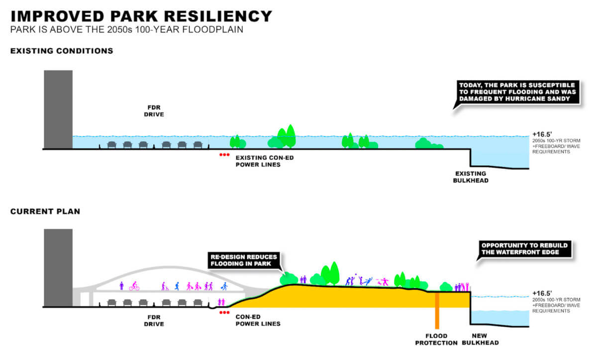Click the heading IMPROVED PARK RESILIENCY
(141, 16)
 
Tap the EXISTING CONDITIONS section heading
(62, 51)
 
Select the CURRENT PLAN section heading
(45, 211)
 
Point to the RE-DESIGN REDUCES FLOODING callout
(244, 261)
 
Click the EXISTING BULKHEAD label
(471, 177)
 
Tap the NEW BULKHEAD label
(480, 339)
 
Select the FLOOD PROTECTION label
(436, 339)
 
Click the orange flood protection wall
(437, 310)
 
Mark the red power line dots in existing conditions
(224, 155)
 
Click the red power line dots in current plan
(224, 313)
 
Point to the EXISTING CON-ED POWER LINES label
(264, 161)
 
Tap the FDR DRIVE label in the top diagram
(154, 111)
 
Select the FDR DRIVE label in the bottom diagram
(154, 321)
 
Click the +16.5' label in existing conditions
(542, 134)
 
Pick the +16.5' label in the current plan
(542, 293)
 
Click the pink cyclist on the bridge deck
(134, 286)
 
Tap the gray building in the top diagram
(58, 109)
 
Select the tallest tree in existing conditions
(291, 136)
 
